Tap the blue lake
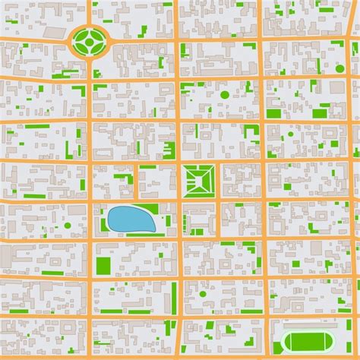[x=131, y=220]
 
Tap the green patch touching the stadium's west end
[x=277, y=348]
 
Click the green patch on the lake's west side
[x=103, y=224]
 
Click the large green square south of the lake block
[x=103, y=266]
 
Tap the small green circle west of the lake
[x=68, y=226]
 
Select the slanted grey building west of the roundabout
[x=54, y=33]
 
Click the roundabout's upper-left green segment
[x=81, y=34]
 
